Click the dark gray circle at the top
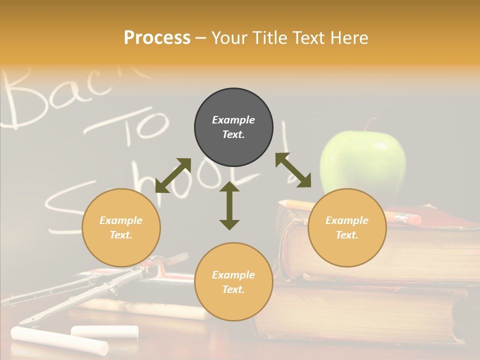pos(233,127)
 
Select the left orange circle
pos(121,227)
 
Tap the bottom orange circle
pos(233,281)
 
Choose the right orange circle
pos(346,227)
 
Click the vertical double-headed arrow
pos(229,205)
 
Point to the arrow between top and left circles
pos(173,175)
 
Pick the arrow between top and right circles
pos(293,170)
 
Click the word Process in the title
pos(157,38)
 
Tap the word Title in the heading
pos(270,38)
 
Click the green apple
pos(362,162)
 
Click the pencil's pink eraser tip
pos(414,219)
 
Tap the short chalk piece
pos(104,330)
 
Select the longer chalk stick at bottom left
pos(59,340)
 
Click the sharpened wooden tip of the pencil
pos(282,203)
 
